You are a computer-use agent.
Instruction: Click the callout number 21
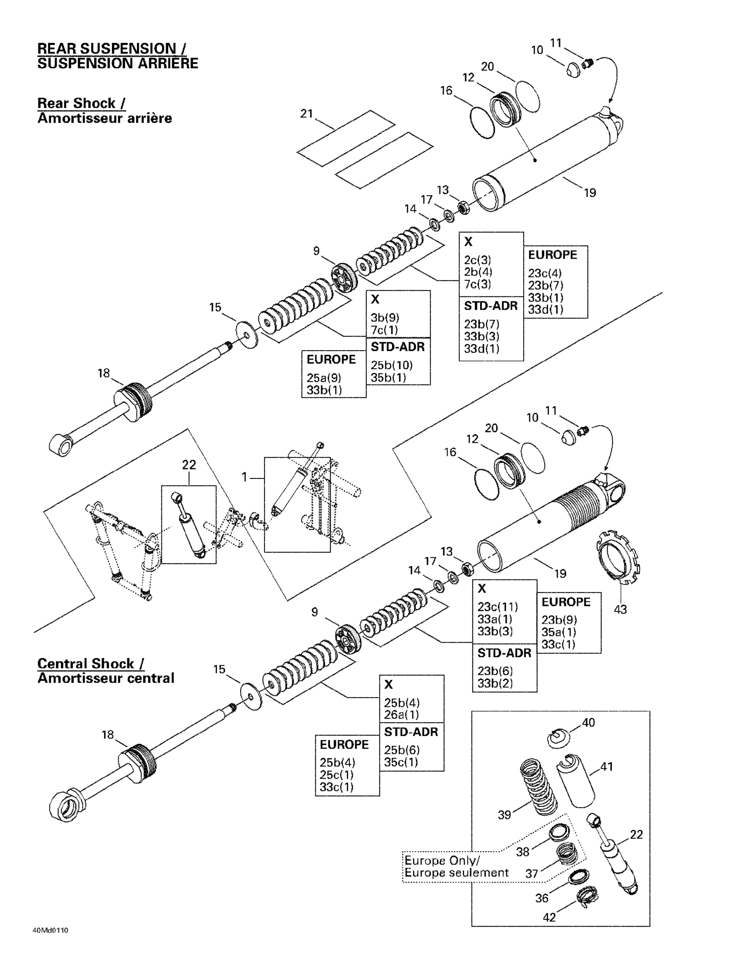306,114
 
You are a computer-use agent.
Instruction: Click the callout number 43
620,609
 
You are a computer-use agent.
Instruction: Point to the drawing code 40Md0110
50,931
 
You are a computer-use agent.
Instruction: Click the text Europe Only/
442,860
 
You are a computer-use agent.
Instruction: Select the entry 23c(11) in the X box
497,606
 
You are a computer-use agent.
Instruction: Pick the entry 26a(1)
401,714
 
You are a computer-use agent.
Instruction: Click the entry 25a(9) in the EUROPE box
324,377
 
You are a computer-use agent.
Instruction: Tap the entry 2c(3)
477,260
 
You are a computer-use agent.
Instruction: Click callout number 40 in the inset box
588,722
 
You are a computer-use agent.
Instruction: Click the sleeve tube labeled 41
576,781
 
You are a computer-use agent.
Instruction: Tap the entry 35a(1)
559,632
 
